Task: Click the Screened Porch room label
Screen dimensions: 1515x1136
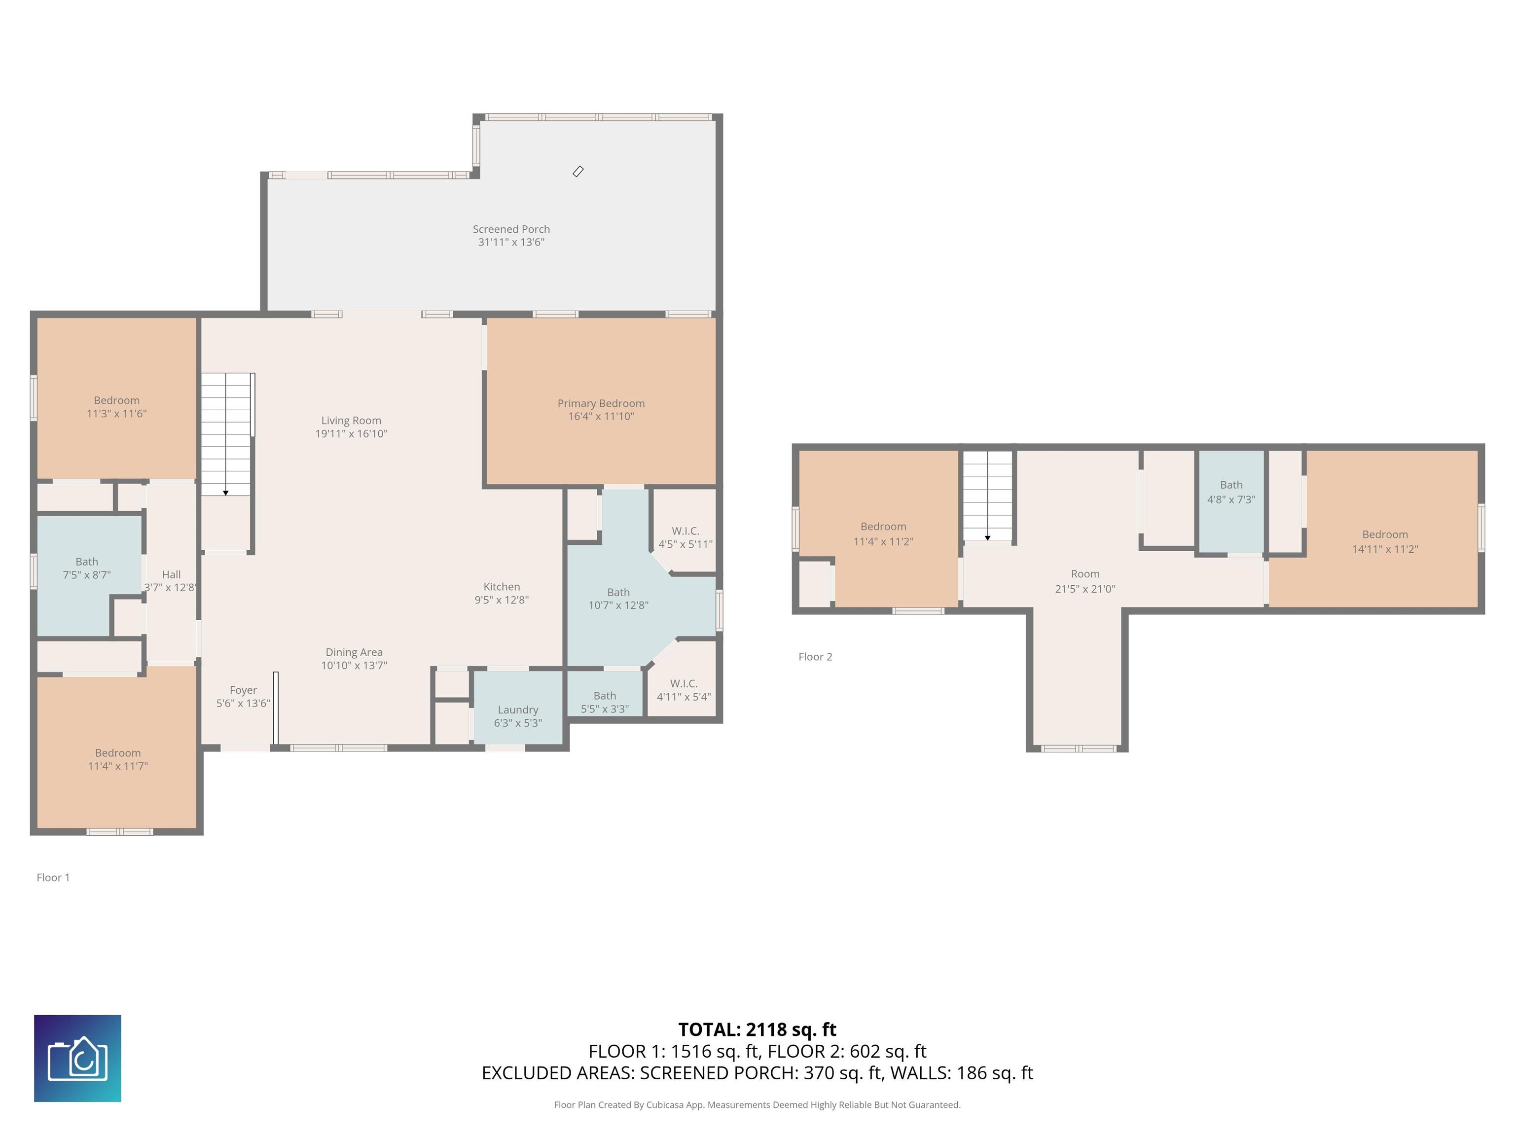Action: (511, 236)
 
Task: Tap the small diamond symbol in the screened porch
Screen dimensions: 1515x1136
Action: (578, 171)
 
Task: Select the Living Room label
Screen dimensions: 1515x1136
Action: (351, 426)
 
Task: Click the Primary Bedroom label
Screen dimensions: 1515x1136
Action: (601, 409)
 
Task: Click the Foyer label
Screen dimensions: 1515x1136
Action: (243, 696)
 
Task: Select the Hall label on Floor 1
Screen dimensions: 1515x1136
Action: (171, 581)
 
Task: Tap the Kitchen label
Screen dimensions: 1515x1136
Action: (502, 593)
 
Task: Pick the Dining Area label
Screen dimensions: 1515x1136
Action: (354, 658)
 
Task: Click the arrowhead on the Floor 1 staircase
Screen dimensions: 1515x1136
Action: (226, 493)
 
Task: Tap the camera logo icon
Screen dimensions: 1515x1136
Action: (77, 1059)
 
